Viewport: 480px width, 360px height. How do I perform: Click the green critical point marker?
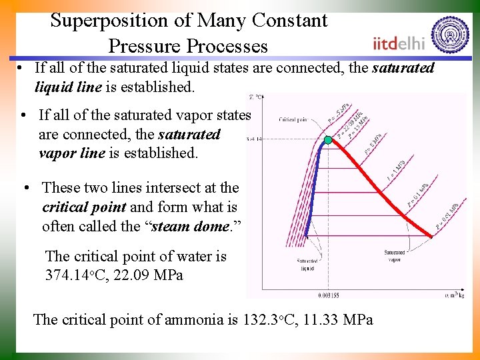pyautogui.click(x=328, y=140)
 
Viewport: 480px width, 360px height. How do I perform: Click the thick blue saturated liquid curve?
pyautogui.click(x=313, y=193)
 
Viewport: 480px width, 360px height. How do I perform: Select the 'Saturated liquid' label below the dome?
pyautogui.click(x=306, y=265)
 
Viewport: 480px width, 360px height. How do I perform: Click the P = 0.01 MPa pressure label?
pyautogui.click(x=447, y=216)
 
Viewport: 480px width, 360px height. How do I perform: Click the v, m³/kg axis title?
pyautogui.click(x=455, y=293)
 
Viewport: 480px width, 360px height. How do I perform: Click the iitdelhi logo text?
pyautogui.click(x=399, y=43)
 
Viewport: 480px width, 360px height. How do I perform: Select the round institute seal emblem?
pyautogui.click(x=450, y=35)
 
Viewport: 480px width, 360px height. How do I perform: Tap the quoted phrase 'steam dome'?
pyautogui.click(x=197, y=225)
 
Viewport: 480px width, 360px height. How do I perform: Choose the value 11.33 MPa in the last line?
pyautogui.click(x=338, y=319)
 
